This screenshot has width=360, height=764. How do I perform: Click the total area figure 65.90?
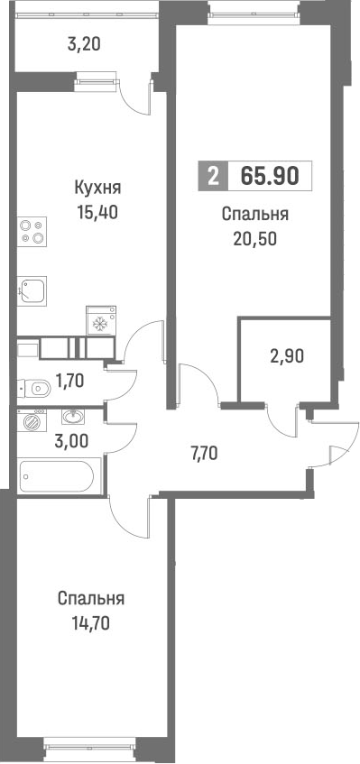coord(269,175)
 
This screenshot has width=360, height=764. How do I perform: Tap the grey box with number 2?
coord(212,175)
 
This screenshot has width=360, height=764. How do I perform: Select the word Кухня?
coord(97,189)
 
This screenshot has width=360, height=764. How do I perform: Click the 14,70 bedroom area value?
coord(90,621)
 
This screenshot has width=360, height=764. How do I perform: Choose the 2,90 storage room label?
coord(288,354)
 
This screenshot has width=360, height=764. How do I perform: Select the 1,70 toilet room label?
coord(71,381)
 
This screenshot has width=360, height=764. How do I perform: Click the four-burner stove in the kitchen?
coord(32,232)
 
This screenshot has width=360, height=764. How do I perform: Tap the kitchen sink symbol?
coord(33,290)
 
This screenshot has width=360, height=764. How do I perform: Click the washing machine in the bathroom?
coord(34,420)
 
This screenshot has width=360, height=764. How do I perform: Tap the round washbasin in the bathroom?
coord(71,417)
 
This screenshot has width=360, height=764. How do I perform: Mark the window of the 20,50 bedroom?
coord(253,11)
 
